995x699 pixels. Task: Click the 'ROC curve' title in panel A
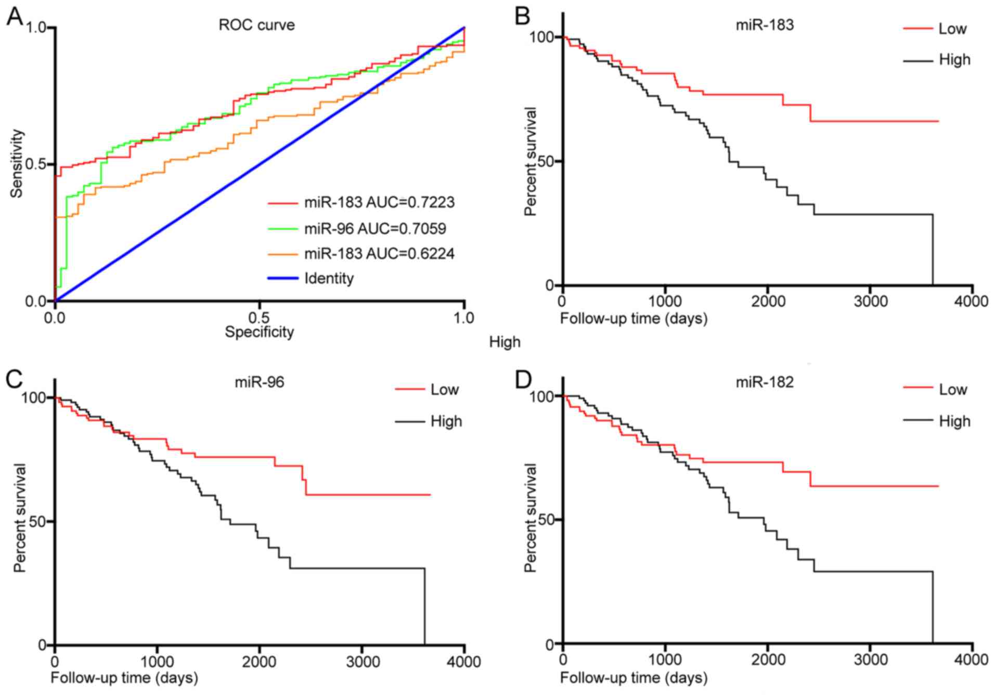click(x=256, y=25)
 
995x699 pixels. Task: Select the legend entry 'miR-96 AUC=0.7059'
click(x=375, y=228)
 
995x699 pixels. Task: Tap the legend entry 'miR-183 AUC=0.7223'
click(x=379, y=202)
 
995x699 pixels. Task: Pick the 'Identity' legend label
click(x=329, y=278)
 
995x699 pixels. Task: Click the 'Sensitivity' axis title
click(x=18, y=163)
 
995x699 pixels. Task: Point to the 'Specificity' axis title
click(x=259, y=332)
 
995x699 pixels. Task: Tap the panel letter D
click(x=523, y=380)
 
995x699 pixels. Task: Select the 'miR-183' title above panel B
click(x=765, y=25)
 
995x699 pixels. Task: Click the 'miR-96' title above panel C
click(x=259, y=382)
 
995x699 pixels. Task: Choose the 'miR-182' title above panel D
click(x=765, y=382)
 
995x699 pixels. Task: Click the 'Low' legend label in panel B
click(x=952, y=29)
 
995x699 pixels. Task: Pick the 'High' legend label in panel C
click(x=446, y=421)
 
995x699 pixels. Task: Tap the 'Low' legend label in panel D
click(x=952, y=390)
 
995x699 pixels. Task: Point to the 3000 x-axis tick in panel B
click(x=871, y=302)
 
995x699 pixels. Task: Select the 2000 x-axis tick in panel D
click(x=768, y=660)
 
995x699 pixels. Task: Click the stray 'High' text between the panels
click(x=505, y=342)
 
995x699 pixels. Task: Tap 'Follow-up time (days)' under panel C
click(x=124, y=678)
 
